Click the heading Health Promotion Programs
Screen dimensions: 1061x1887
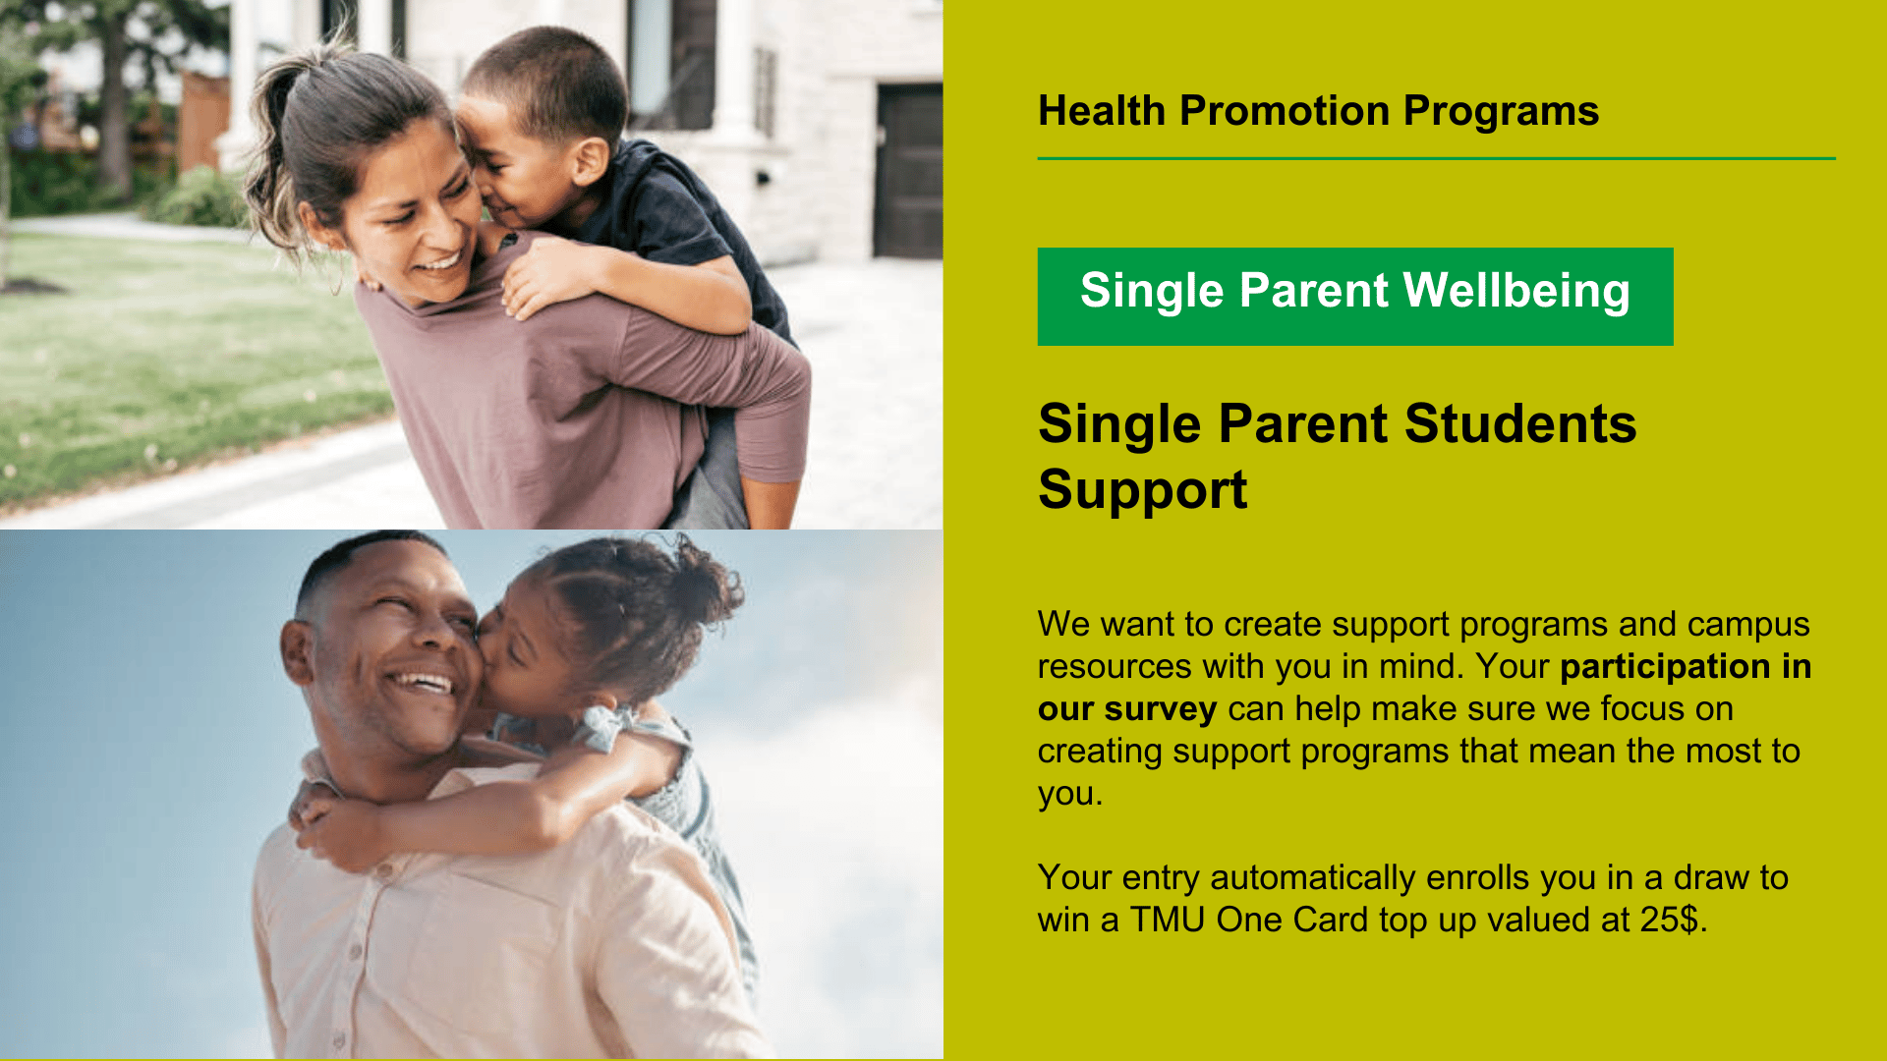coord(1318,111)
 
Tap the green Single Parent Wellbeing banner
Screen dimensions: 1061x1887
coord(1354,296)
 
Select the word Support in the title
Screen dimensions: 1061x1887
coord(1142,490)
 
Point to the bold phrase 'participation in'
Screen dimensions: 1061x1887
coord(1685,667)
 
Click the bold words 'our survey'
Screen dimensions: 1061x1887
coord(1126,709)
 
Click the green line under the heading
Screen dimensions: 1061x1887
coord(1435,158)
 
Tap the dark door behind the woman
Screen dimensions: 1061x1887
coord(907,172)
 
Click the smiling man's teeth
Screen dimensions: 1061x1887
coord(421,681)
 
